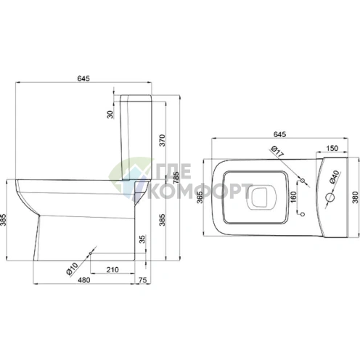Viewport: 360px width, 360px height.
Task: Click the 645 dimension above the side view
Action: tap(83, 78)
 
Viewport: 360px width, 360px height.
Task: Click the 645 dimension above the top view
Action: tap(279, 134)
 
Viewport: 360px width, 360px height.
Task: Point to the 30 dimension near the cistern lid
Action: tap(110, 115)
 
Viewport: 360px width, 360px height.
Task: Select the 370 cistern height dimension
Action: tap(163, 140)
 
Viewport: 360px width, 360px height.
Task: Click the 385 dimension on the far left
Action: tap(3, 220)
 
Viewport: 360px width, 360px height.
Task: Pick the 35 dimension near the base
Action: tap(143, 239)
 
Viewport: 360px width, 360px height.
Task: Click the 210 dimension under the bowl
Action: tap(112, 269)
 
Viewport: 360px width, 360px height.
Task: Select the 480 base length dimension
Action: tap(83, 280)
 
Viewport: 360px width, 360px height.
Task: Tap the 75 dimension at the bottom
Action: tap(143, 280)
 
